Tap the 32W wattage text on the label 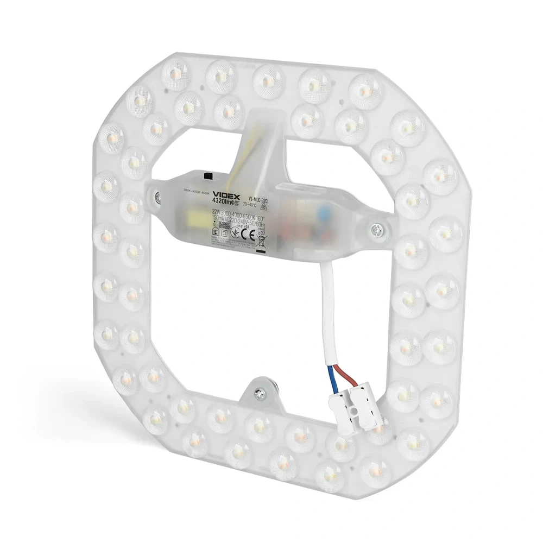216,215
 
